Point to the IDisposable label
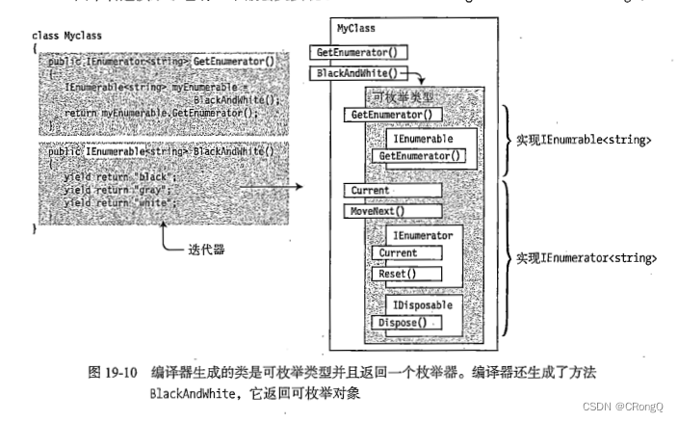point(420,304)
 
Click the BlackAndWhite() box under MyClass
point(354,72)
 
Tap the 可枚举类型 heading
point(402,96)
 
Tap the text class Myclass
point(66,36)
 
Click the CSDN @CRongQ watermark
point(623,408)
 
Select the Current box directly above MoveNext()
point(392,190)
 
